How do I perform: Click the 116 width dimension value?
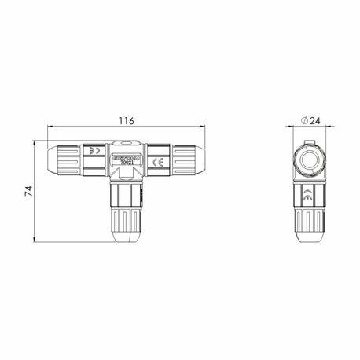tap(127, 121)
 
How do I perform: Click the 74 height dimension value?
tap(29, 190)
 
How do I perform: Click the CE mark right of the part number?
tap(156, 163)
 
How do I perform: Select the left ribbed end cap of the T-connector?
tap(65, 162)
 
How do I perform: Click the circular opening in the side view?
tap(309, 160)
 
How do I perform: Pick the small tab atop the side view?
tap(309, 139)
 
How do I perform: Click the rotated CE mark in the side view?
tap(309, 197)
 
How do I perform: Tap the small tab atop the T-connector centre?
tap(127, 141)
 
